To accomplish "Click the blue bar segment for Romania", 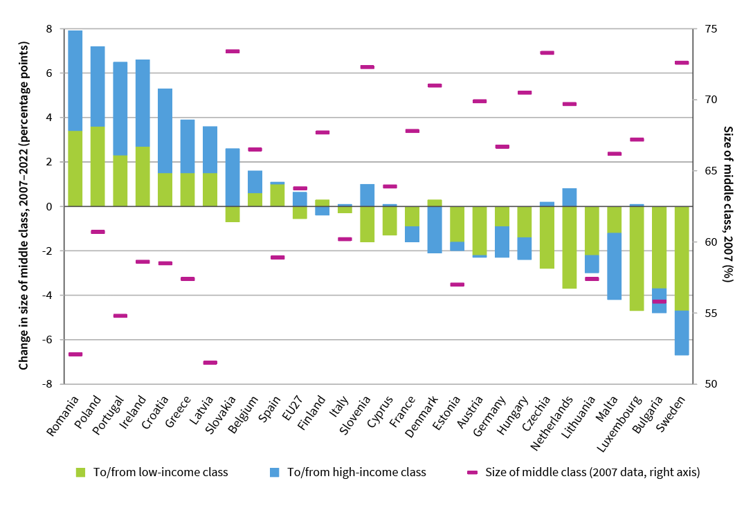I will (75, 80).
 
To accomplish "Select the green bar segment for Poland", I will (98, 166).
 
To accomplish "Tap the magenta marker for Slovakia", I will (233, 51).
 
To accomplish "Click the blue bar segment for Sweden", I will (682, 333).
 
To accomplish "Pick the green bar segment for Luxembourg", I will (637, 258).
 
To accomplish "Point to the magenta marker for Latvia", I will (210, 363).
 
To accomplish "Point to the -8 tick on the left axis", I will (48, 384).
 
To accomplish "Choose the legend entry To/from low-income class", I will (151, 473).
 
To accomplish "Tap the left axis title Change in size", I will (24, 206).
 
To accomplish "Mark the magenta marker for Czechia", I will (547, 53).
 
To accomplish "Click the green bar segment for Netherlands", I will (570, 247).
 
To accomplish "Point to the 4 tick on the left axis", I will (48, 118).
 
